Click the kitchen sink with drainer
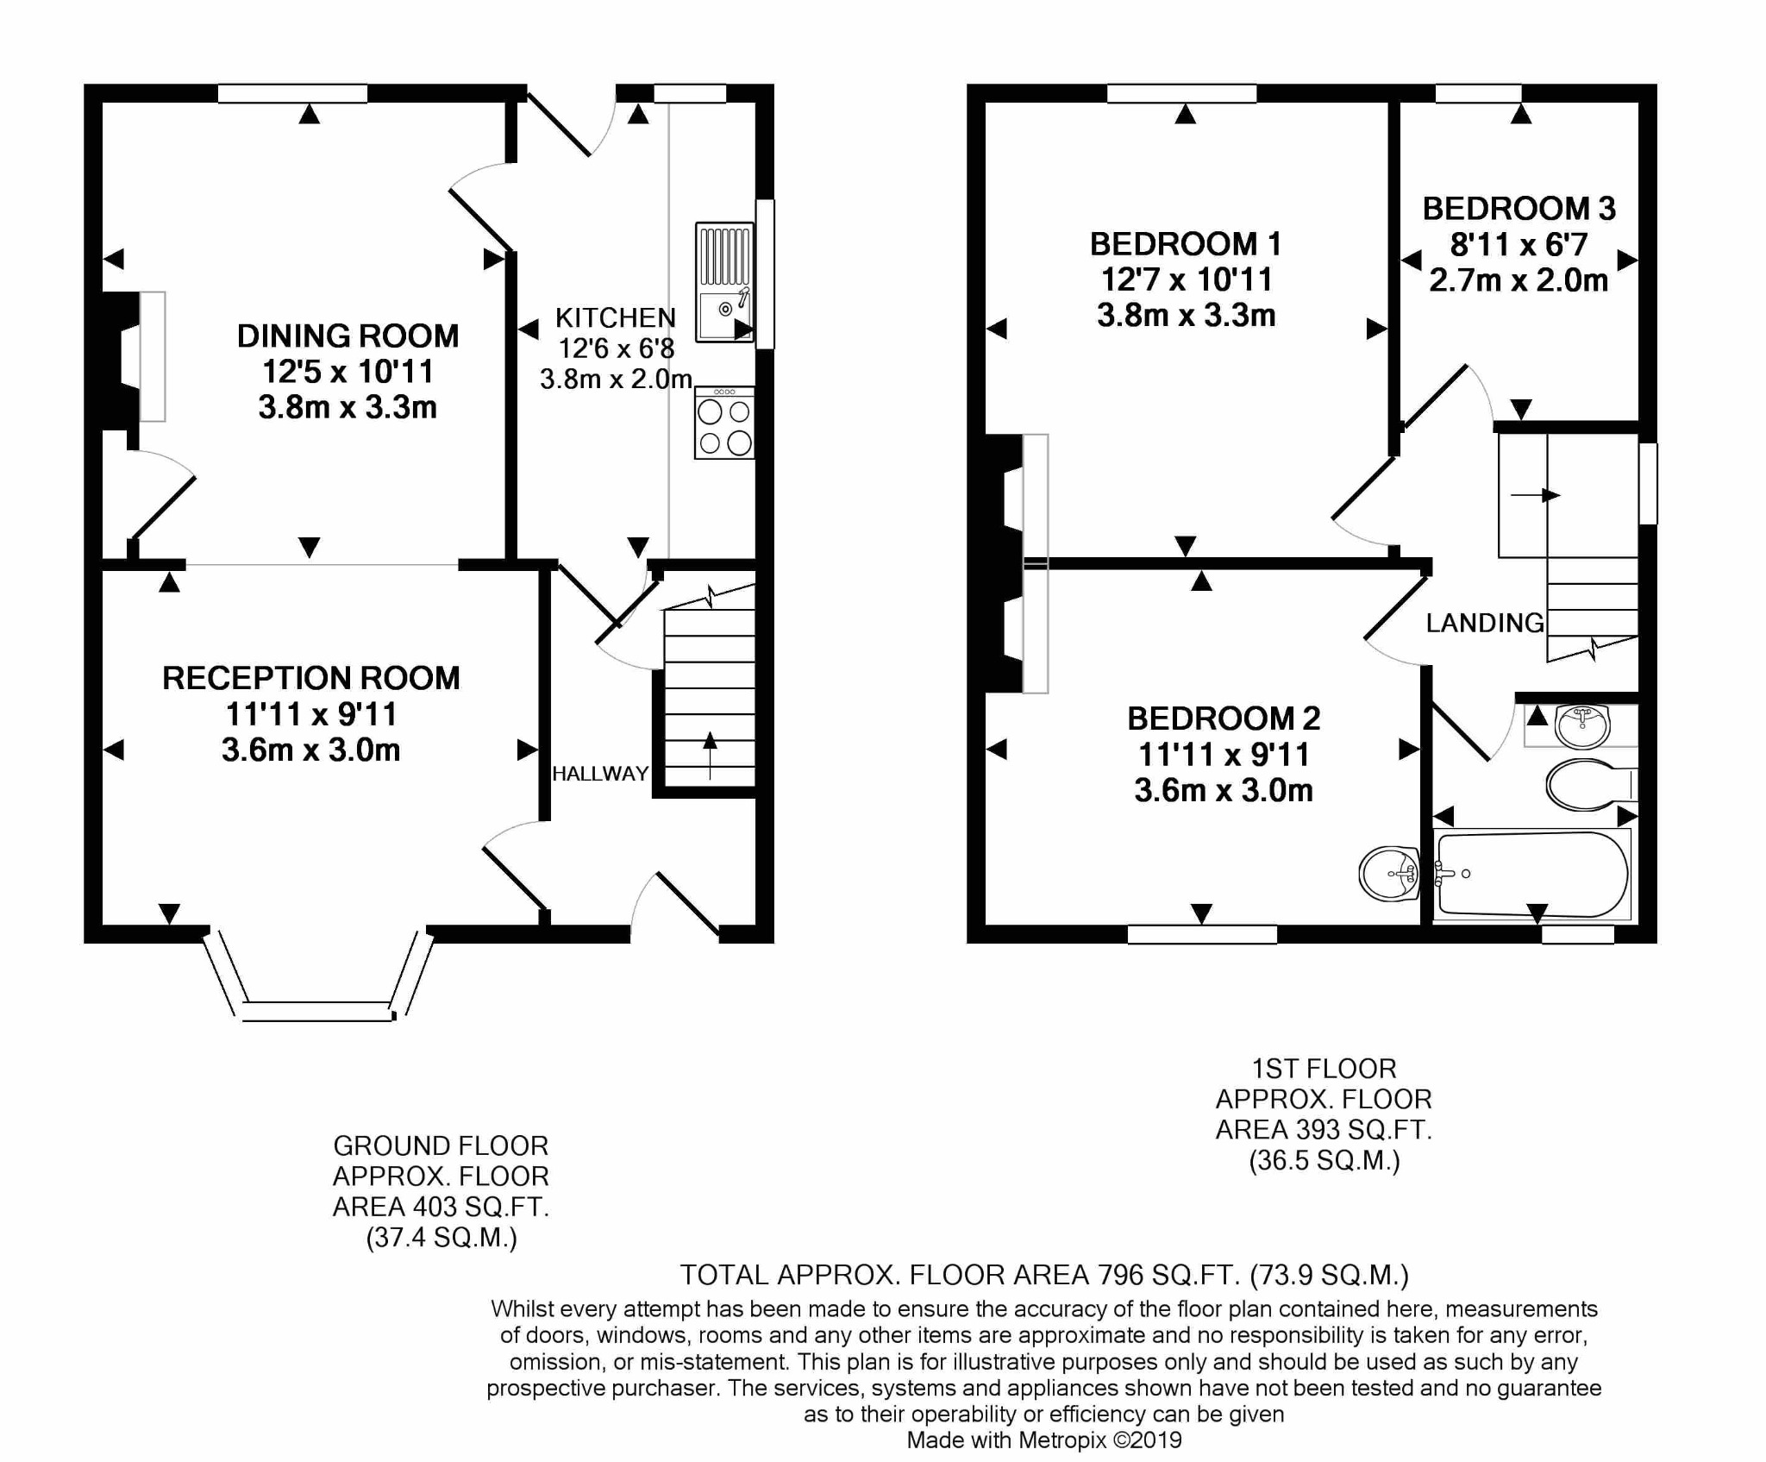[x=724, y=283]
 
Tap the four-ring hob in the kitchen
[x=724, y=424]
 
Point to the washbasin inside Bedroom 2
[x=1389, y=873]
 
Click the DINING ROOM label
[x=348, y=336]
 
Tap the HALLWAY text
[x=600, y=774]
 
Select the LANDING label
[x=1484, y=623]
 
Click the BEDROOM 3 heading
[x=1519, y=209]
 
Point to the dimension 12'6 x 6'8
[x=616, y=348]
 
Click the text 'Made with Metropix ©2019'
[x=1043, y=1440]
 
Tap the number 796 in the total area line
[x=1119, y=1274]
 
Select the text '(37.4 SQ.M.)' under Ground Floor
[x=441, y=1238]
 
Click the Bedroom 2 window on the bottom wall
[x=1201, y=934]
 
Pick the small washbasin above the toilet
[x=1582, y=725]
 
